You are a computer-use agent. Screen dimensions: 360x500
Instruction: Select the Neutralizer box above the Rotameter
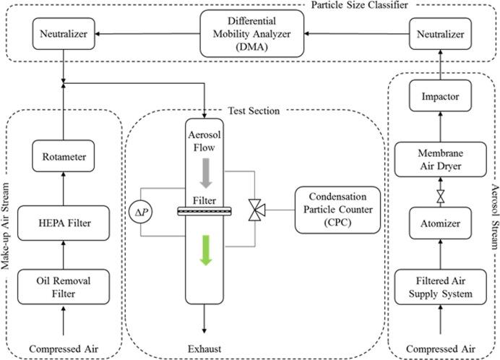click(x=64, y=33)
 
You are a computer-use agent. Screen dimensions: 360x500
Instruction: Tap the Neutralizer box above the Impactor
click(x=436, y=33)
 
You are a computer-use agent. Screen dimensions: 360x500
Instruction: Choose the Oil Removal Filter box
click(x=64, y=286)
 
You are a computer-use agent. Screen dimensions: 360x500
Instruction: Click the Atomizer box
click(x=436, y=225)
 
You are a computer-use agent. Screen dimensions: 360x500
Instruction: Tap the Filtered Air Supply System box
click(x=436, y=286)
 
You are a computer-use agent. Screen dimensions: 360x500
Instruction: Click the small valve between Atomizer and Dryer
click(x=436, y=194)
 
